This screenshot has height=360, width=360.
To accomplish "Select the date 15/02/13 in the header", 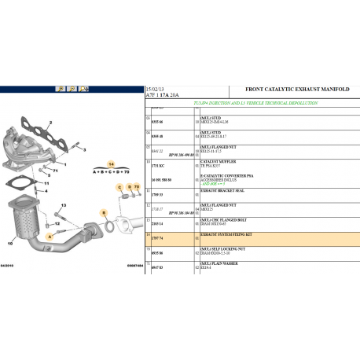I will pos(156,90).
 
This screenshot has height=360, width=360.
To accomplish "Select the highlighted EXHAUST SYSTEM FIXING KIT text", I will pos(226,234).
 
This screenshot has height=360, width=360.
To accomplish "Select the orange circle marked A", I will pos(49,235).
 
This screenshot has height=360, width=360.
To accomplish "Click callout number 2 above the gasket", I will pos(50,123).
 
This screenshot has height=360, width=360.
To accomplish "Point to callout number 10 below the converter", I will pos(10,244).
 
